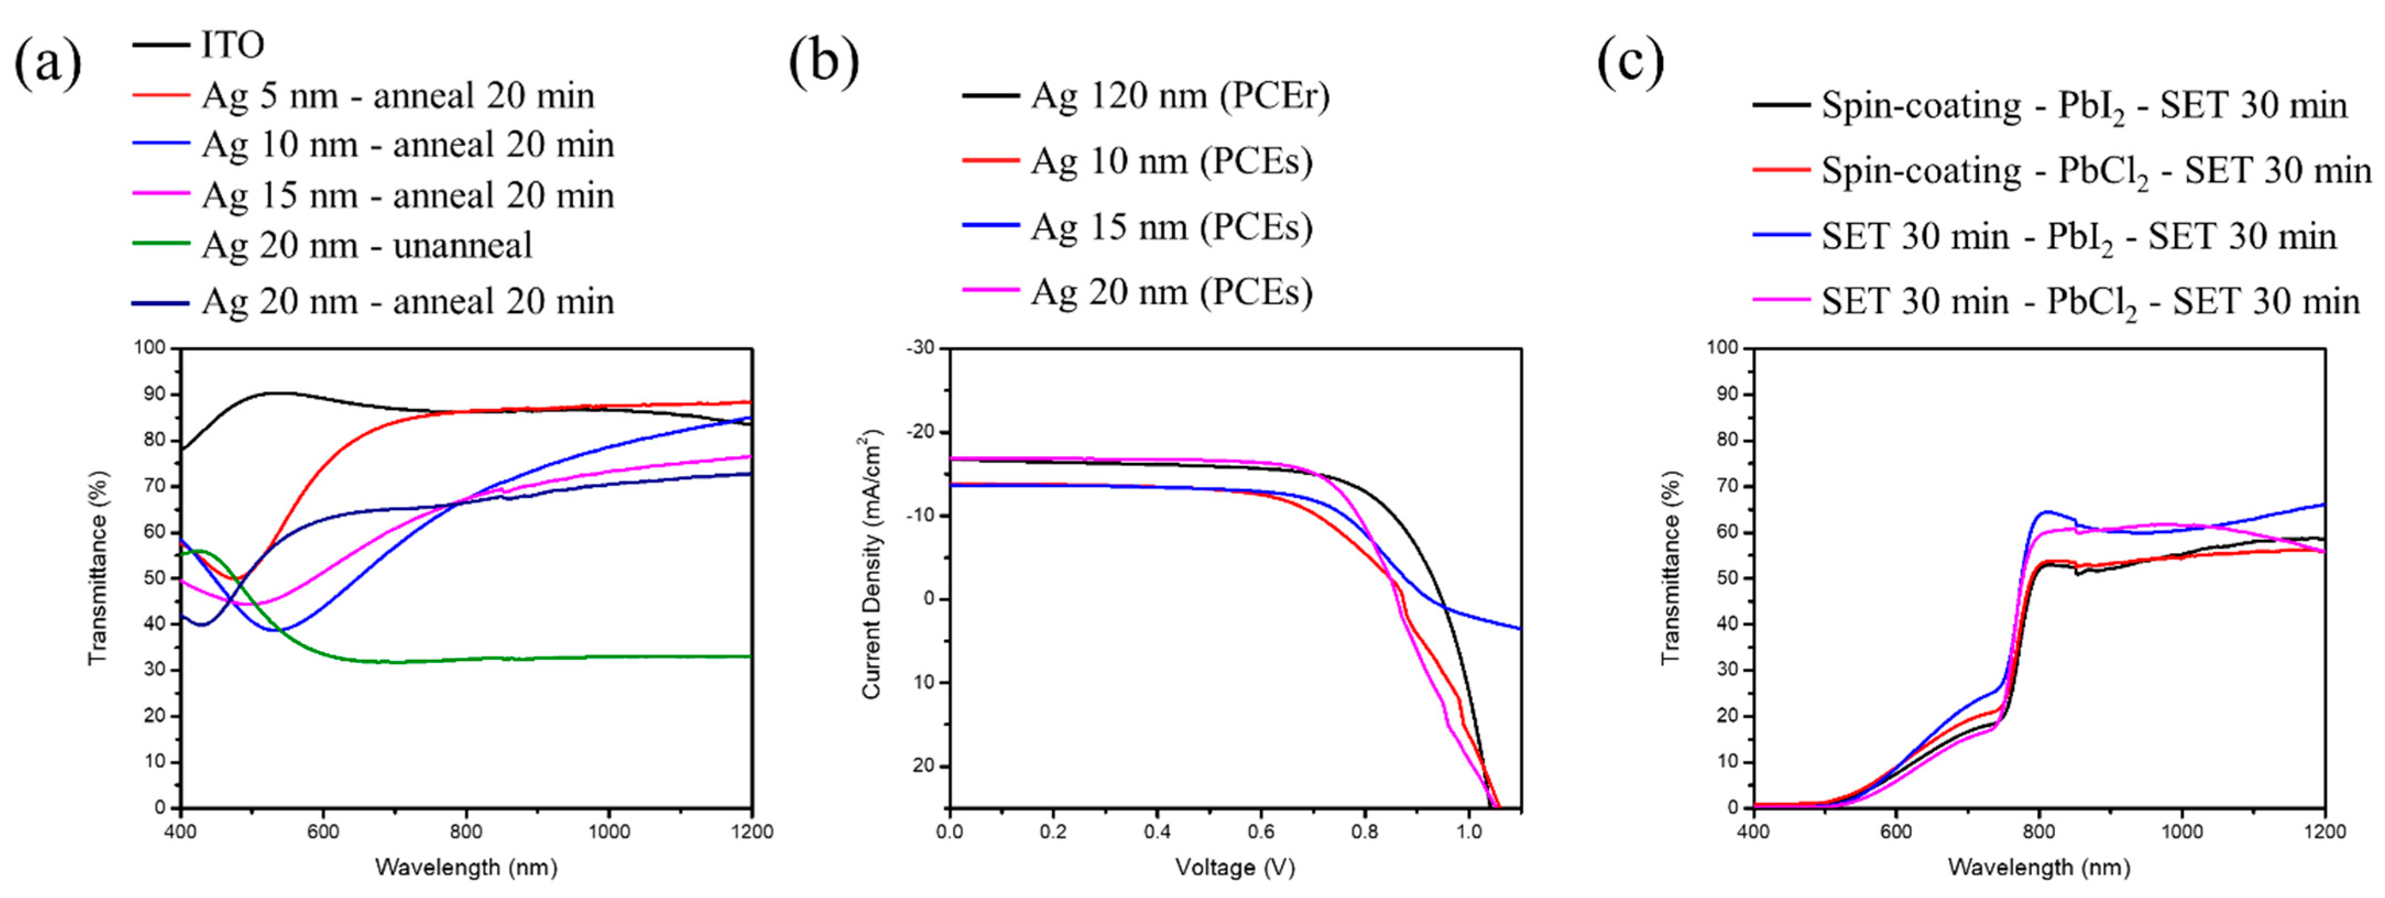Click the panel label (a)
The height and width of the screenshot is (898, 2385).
47,63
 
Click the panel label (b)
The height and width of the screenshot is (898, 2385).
823,63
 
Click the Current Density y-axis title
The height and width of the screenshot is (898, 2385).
872,564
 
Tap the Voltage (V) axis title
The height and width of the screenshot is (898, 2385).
1234,867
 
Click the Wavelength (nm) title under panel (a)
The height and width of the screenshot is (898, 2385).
466,867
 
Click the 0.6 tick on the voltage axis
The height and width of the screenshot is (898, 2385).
1260,831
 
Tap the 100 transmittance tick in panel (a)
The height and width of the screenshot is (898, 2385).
150,348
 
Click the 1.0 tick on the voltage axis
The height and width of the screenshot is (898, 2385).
1468,831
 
